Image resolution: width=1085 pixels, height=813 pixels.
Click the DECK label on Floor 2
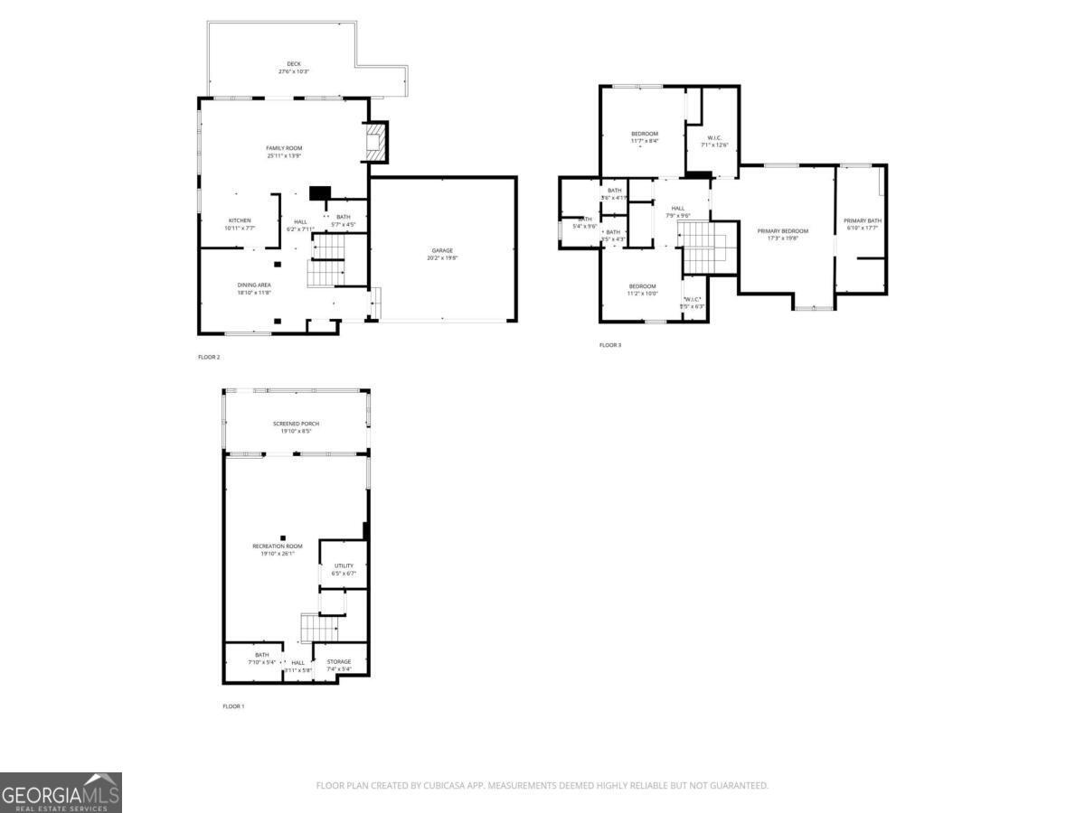click(282, 64)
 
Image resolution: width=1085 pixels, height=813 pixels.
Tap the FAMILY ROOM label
click(284, 148)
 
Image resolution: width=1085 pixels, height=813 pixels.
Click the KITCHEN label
click(240, 220)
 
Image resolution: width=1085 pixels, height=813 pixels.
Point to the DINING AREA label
click(254, 285)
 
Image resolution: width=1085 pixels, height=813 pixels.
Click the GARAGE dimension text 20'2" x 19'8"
click(442, 257)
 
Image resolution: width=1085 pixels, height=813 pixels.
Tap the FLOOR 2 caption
click(209, 357)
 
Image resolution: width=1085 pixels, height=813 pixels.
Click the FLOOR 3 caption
click(610, 345)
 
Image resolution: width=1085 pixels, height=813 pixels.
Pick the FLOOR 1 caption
click(233, 706)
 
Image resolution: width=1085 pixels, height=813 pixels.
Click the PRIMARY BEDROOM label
click(783, 231)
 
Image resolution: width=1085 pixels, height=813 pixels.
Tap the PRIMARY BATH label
click(862, 221)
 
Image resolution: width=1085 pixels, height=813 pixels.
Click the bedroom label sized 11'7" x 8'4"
click(645, 134)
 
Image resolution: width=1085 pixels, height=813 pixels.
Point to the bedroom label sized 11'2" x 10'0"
click(643, 286)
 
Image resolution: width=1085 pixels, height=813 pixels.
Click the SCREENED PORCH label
click(296, 424)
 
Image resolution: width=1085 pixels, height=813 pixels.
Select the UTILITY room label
click(344, 566)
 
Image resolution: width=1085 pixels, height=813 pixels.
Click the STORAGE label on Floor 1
click(339, 662)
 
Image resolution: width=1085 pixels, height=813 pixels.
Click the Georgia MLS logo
click(61, 792)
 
